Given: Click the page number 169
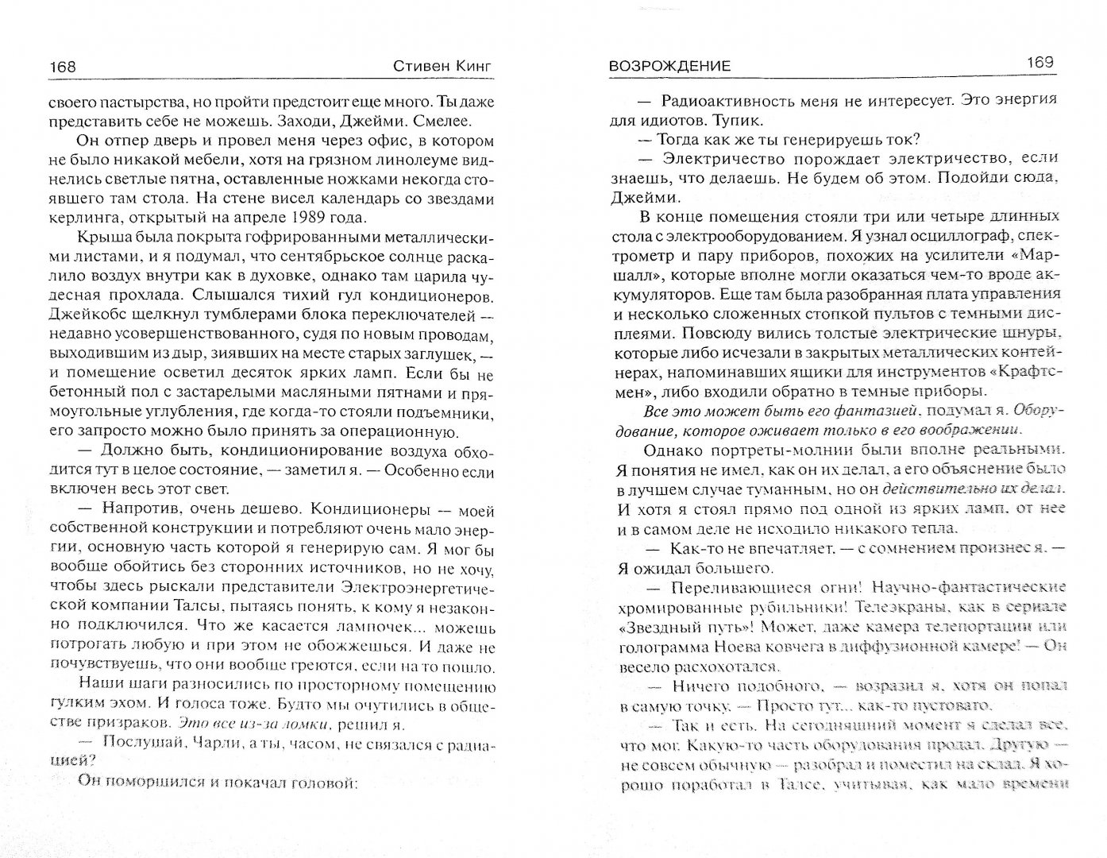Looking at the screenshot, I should [1039, 63].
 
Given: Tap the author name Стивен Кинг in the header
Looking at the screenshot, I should [442, 67].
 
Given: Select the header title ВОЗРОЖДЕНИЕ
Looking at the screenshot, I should [669, 67].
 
